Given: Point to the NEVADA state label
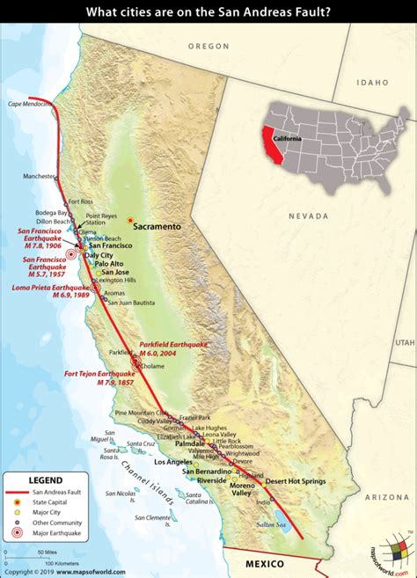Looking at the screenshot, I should point(306,214).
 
